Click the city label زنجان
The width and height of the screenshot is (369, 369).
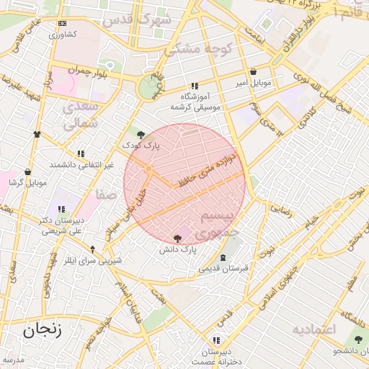click(x=42, y=332)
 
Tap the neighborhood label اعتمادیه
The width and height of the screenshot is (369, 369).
click(x=314, y=329)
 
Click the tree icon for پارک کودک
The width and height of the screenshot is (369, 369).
click(x=141, y=134)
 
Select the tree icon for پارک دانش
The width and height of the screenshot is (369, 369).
click(x=178, y=238)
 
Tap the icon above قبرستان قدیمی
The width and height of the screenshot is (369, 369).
click(x=223, y=257)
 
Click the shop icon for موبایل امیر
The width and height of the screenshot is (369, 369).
click(x=254, y=72)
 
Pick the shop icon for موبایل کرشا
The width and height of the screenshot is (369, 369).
click(x=27, y=172)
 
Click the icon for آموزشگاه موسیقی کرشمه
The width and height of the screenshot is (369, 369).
click(x=195, y=86)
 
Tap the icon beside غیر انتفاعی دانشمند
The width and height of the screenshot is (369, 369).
click(x=81, y=154)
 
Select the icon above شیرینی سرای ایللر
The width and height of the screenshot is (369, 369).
click(x=92, y=249)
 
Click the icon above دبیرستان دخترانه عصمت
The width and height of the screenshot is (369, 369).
click(x=215, y=340)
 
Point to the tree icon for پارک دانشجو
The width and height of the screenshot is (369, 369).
click(x=357, y=339)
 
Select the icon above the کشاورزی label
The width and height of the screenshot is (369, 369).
click(x=61, y=24)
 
